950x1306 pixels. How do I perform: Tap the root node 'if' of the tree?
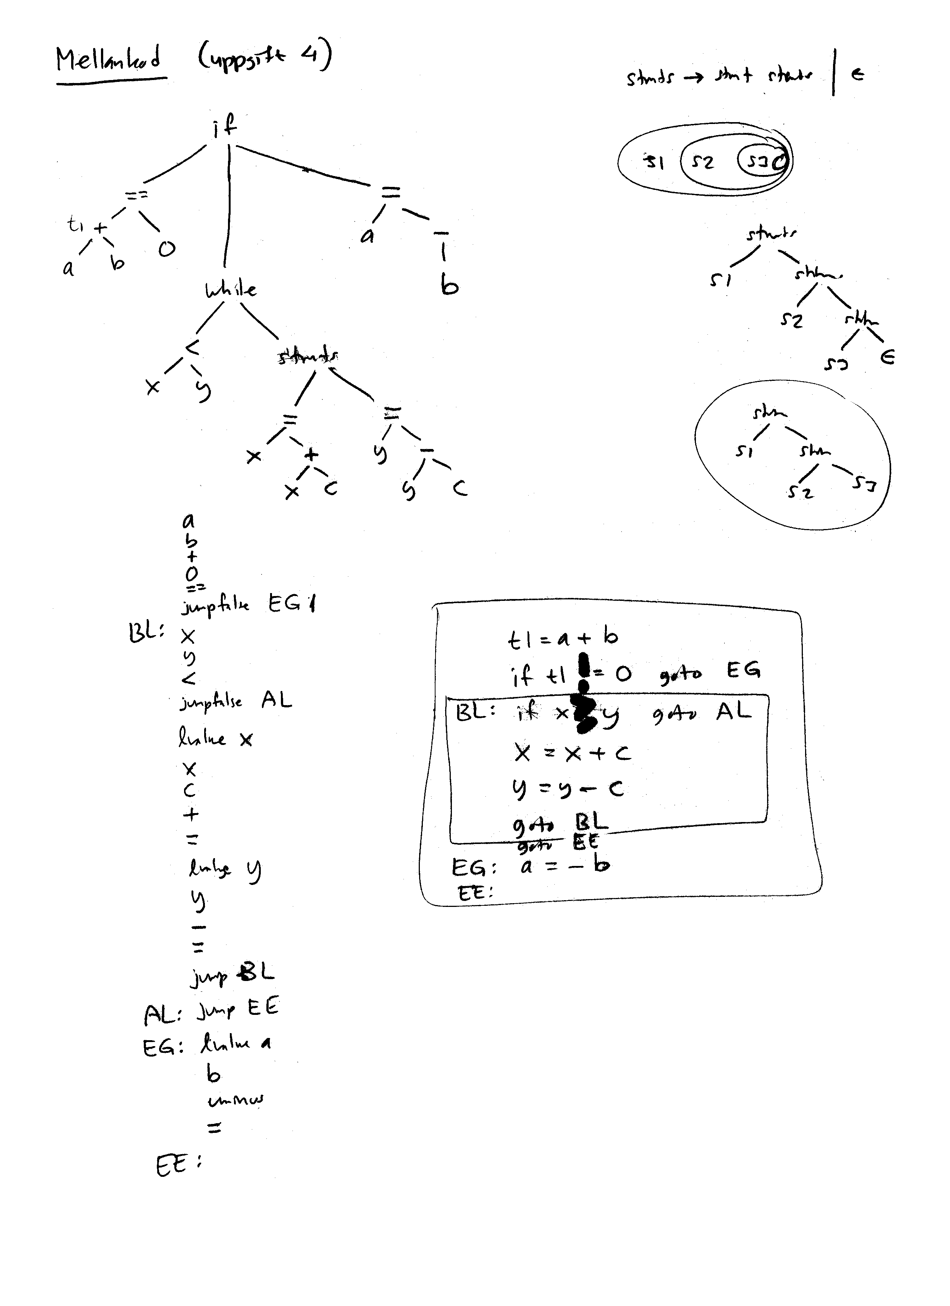[225, 125]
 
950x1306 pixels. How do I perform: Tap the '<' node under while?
[192, 347]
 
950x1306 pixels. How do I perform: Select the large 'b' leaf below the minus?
[449, 284]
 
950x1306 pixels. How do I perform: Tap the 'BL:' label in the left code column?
[146, 633]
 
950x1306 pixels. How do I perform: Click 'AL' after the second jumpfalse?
[276, 700]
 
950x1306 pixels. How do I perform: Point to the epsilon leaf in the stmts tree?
[888, 358]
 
